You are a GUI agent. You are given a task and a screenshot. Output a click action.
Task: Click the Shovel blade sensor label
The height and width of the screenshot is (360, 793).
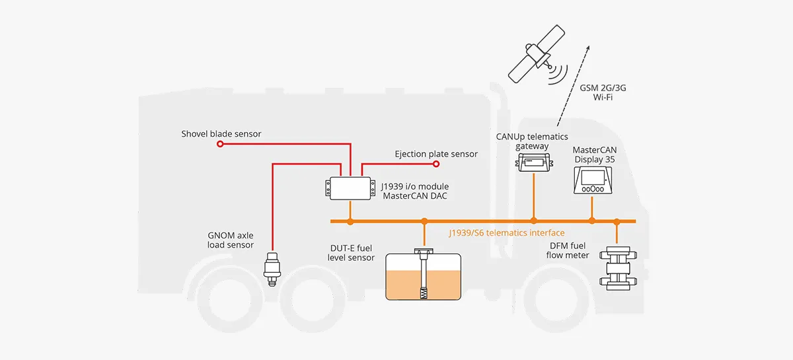click(221, 134)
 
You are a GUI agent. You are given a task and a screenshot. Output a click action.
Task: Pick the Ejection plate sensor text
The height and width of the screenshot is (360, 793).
click(435, 154)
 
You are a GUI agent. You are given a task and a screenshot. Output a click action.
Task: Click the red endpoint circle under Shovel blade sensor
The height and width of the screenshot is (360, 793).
click(221, 143)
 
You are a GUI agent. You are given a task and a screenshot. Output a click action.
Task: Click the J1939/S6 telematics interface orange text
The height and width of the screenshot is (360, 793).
click(507, 233)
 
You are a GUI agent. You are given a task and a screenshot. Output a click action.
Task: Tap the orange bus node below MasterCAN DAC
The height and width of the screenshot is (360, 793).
click(350, 221)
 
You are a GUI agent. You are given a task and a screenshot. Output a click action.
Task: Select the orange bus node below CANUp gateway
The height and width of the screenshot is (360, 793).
click(533, 221)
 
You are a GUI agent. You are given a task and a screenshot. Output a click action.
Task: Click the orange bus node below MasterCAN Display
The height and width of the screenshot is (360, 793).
click(592, 221)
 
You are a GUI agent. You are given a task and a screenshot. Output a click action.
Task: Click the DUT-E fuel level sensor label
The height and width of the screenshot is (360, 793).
click(352, 252)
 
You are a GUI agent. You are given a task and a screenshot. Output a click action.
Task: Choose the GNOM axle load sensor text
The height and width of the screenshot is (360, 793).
click(231, 240)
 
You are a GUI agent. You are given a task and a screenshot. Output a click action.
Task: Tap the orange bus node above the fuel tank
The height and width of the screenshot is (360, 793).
click(423, 221)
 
